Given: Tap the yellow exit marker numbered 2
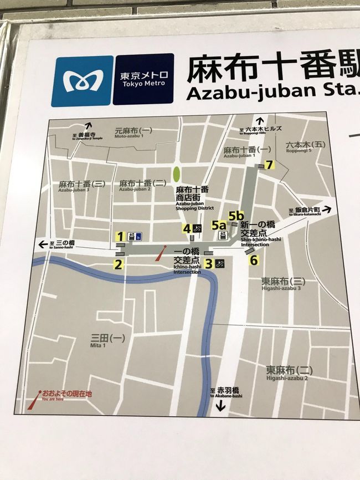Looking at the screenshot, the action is click(x=118, y=264).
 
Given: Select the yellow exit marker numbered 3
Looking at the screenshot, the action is click(x=209, y=264).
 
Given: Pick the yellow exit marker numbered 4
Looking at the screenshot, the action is click(x=187, y=228).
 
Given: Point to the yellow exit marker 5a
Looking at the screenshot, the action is click(x=219, y=225).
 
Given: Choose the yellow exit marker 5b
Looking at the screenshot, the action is click(x=236, y=215).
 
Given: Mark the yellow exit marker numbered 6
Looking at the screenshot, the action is click(x=254, y=259).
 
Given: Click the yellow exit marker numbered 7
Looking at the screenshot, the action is click(x=269, y=164).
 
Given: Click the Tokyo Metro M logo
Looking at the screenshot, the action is click(x=82, y=80).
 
